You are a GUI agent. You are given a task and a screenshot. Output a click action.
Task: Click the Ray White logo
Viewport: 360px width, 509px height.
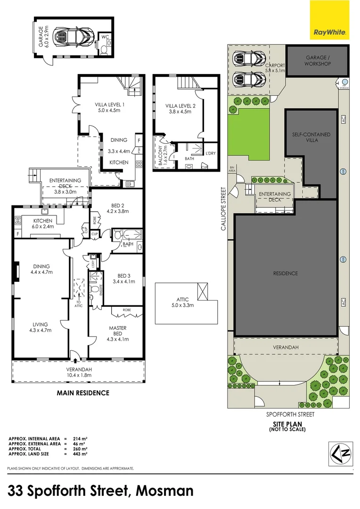330,20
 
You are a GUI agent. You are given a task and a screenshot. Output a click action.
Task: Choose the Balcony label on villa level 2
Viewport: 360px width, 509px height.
161,153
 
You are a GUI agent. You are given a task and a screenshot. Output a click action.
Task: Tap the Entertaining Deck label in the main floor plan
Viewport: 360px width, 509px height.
65,183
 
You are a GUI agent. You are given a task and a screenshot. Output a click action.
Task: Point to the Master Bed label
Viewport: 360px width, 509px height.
116,331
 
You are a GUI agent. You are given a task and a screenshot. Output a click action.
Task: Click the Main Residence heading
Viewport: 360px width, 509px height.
83,393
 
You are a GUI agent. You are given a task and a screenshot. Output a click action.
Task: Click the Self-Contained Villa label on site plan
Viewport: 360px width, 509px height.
311,137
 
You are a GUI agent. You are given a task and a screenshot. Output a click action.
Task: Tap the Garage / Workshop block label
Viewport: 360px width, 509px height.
318,61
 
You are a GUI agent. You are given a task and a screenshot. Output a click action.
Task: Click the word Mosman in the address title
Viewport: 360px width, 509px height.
164,491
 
